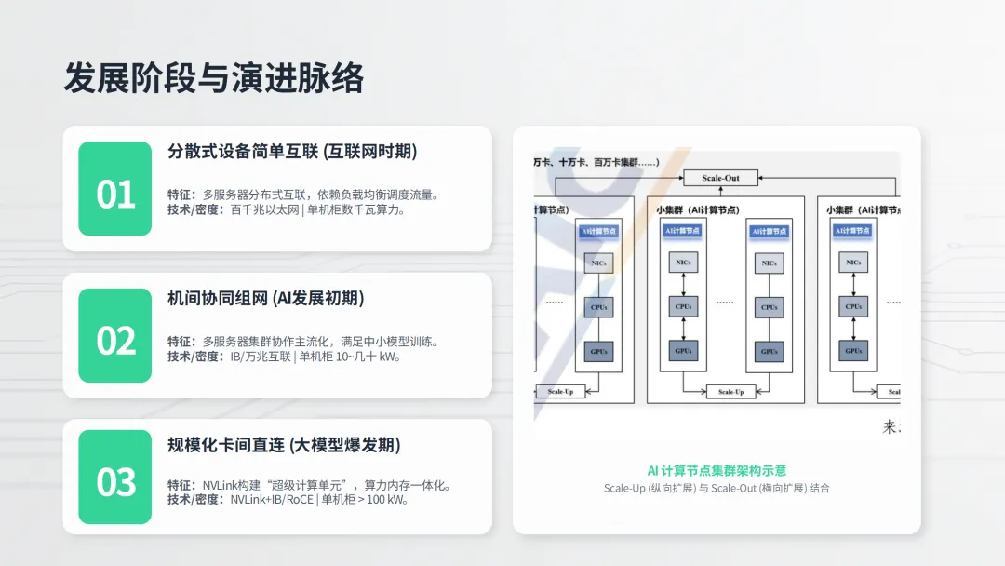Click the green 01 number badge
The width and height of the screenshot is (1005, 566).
click(x=115, y=189)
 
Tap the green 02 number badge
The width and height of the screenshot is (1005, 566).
click(x=115, y=336)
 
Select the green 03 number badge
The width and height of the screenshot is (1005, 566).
click(x=115, y=477)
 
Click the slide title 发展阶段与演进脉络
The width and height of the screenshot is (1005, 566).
click(x=213, y=78)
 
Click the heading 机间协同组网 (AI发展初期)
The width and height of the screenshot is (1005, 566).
click(x=265, y=298)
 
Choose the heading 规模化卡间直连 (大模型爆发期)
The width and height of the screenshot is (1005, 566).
click(x=284, y=445)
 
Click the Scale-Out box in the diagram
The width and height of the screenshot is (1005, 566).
click(x=720, y=178)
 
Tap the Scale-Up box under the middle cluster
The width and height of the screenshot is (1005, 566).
click(x=730, y=392)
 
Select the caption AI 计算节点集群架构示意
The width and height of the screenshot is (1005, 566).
click(x=717, y=470)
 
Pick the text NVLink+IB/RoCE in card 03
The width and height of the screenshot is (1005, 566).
click(x=271, y=499)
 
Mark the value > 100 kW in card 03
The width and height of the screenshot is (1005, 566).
click(x=389, y=499)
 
